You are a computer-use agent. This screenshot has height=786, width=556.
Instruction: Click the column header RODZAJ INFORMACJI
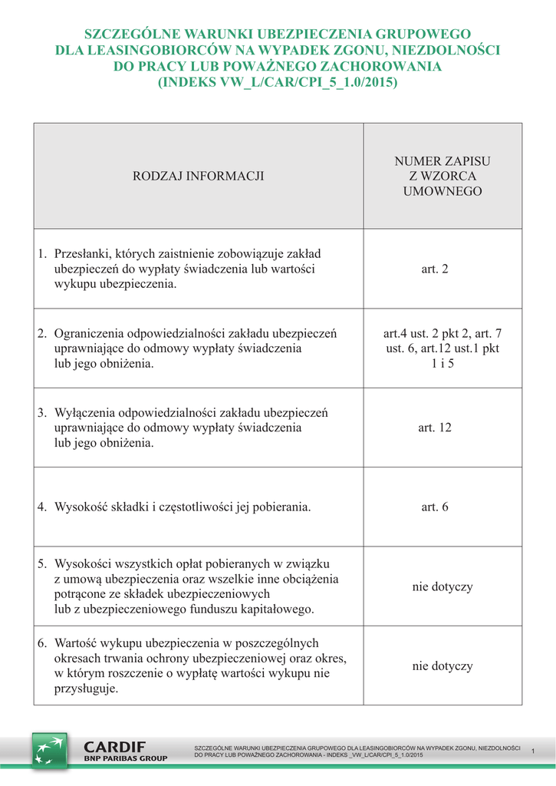199,176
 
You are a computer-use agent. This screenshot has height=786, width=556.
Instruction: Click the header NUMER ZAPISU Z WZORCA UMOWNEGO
442,176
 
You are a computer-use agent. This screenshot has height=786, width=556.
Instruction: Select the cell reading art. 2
435,269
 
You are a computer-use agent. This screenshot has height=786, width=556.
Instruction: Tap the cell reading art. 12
435,428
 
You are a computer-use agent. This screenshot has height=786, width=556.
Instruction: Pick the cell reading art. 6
435,507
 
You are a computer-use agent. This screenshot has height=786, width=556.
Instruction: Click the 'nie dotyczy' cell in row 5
442,586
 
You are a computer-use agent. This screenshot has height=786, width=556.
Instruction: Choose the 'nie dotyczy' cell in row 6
442,665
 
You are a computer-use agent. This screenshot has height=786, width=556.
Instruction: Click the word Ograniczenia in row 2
89,333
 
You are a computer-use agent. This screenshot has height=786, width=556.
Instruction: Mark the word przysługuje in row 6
86,689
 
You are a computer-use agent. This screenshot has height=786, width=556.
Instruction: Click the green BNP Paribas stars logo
49,750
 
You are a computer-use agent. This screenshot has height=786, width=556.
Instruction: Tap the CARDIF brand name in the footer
114,746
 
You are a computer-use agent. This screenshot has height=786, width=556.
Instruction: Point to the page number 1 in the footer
532,751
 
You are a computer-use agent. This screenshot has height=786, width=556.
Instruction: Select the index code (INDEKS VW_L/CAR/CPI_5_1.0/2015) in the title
278,81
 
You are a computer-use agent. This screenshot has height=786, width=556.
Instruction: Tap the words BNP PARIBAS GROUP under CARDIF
125,758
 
